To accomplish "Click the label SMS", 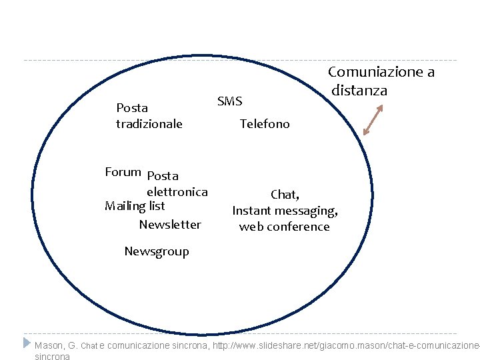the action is [x=230, y=101].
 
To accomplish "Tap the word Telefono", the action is [x=265, y=124].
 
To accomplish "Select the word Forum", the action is [x=123, y=172].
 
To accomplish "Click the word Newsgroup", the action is [x=157, y=251].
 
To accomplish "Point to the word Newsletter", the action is [x=170, y=225].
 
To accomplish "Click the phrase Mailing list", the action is [x=135, y=206].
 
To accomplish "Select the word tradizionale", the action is [x=149, y=124].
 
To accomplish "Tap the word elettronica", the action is [x=177, y=193].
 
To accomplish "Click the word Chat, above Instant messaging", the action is [x=285, y=195].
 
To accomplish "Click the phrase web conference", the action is [x=285, y=227].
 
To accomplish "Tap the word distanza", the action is [x=359, y=91].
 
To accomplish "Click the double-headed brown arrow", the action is [x=373, y=119].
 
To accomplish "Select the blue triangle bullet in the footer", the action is [x=27, y=343].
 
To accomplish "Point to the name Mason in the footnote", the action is [x=49, y=345].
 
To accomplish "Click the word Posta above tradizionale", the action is [x=132, y=108].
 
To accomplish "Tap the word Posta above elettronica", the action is [x=163, y=177].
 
